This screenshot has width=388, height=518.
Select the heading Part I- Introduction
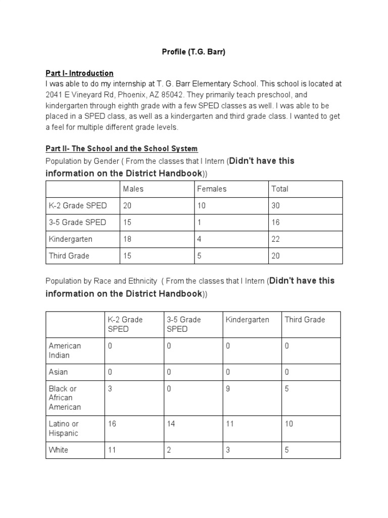pos(79,73)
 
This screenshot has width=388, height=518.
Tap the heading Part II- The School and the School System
pos(121,148)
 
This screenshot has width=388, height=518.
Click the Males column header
pos(133,189)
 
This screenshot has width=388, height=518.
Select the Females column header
pos(212,189)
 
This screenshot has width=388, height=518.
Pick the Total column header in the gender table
pos(280,189)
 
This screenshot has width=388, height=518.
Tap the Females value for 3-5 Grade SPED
pos(200,222)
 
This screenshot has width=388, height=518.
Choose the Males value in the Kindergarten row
pos(127,239)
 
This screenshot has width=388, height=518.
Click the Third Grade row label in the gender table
pos(69,255)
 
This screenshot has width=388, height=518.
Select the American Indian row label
pos(65,350)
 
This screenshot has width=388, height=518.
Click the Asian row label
pos(58,372)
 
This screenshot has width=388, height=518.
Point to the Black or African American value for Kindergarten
pos(228,388)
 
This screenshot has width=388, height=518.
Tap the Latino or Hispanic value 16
pos(112,423)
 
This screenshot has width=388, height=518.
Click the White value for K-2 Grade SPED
pos(112,450)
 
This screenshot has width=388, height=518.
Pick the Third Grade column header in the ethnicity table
pos(305,320)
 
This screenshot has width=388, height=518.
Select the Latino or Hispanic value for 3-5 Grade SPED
pos(171,423)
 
